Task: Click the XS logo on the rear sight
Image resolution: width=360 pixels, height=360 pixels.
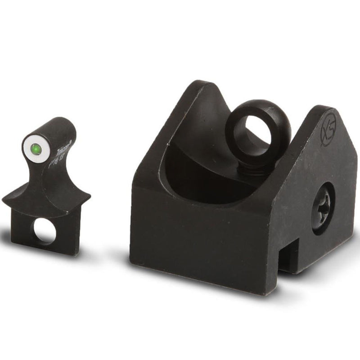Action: [x=327, y=130]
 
